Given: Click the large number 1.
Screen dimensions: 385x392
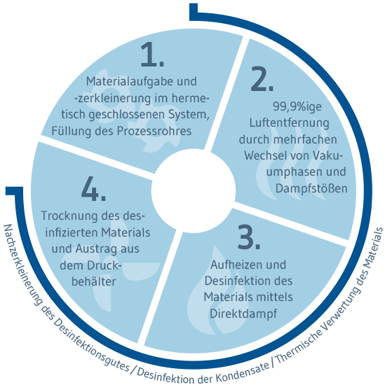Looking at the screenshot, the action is (x=152, y=55).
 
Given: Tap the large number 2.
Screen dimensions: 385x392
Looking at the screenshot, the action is (x=262, y=78).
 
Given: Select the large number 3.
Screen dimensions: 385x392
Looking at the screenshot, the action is (x=248, y=237).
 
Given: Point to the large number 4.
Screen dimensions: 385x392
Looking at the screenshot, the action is (x=94, y=188).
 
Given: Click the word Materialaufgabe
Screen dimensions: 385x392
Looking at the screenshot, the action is (x=127, y=81).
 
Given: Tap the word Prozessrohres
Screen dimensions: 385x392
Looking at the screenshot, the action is (x=154, y=132).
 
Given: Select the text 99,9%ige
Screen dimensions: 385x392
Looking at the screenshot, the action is (x=297, y=107).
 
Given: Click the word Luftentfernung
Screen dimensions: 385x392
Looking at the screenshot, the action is (x=290, y=123).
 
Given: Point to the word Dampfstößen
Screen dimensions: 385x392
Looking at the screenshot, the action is (x=311, y=188).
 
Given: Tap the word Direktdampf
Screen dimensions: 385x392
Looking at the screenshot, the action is (x=243, y=314).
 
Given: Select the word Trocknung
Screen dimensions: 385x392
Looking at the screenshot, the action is (x=66, y=216).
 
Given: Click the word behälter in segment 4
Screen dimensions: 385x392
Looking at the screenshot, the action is (x=94, y=281).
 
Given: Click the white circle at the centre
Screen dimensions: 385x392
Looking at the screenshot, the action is (x=194, y=191).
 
